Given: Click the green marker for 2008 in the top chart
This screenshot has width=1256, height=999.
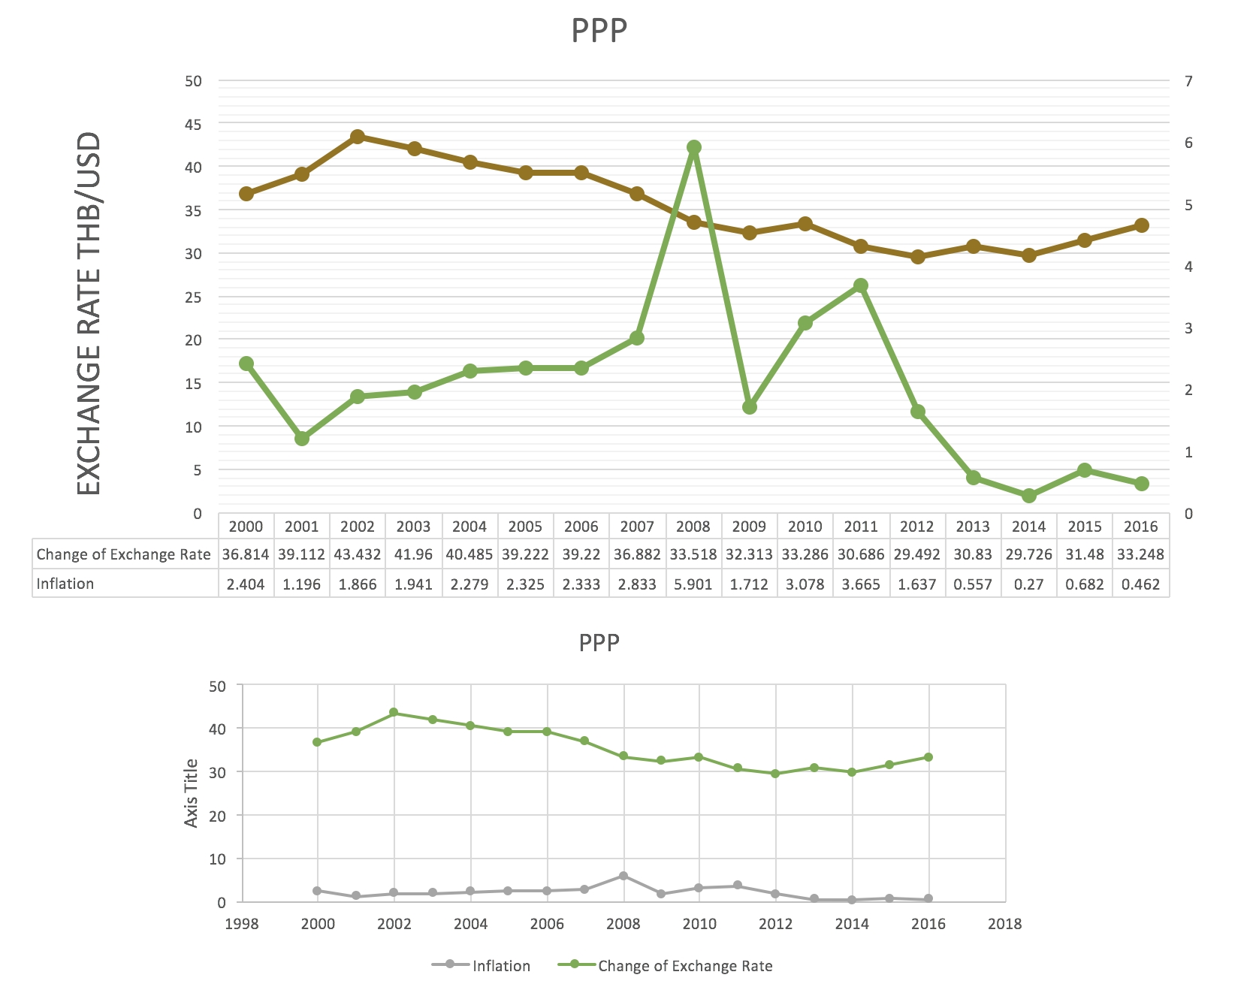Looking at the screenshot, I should click(x=693, y=147).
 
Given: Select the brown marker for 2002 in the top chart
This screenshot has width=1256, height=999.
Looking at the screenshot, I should click(x=358, y=137).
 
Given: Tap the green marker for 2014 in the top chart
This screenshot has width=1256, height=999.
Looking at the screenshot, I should click(x=1029, y=496).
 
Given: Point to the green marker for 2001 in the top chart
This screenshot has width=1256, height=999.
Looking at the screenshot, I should click(x=302, y=439).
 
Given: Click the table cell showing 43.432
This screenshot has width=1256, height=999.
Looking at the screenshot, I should click(x=358, y=555).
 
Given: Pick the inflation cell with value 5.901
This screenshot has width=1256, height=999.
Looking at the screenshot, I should click(x=693, y=584).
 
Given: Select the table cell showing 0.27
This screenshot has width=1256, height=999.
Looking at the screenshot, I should click(x=1029, y=584).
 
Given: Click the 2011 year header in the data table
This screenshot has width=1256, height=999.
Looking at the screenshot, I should click(x=861, y=527).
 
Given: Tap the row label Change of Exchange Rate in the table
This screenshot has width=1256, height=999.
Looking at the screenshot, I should click(x=123, y=555).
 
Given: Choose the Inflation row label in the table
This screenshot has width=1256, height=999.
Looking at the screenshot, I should click(x=65, y=584).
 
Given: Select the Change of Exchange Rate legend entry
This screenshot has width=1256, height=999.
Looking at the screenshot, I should click(x=684, y=966).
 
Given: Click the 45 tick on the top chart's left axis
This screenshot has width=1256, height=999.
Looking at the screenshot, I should click(x=193, y=124).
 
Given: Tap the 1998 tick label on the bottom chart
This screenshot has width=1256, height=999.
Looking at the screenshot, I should click(x=241, y=924).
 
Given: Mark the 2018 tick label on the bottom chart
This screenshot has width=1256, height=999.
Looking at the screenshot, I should click(x=1004, y=924).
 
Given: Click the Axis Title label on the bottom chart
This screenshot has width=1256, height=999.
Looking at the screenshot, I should click(x=192, y=793).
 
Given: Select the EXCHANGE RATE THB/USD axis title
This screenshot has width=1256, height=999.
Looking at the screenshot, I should click(x=89, y=313).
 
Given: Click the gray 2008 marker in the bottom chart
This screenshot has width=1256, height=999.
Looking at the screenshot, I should click(x=623, y=876).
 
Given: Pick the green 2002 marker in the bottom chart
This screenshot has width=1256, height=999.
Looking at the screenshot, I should click(x=394, y=713).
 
